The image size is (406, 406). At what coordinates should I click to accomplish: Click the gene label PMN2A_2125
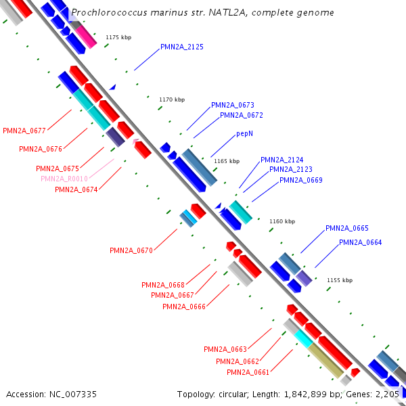(x=182, y=47)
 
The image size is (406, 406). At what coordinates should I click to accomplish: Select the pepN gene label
(x=245, y=134)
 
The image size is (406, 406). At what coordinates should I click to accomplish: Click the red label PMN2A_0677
(x=24, y=131)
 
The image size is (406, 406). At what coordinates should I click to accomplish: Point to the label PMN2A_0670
(x=131, y=250)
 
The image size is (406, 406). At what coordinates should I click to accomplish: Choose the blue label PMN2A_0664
(x=360, y=242)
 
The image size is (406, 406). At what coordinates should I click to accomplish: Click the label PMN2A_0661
(x=248, y=372)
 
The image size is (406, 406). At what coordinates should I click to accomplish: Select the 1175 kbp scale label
(x=118, y=37)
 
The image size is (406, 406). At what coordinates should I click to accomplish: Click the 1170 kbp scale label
(x=172, y=99)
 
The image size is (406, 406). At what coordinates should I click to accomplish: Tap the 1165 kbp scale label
(x=227, y=161)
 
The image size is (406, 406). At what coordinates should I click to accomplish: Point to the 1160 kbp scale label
(x=282, y=221)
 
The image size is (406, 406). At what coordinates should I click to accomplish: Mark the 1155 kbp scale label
(x=340, y=279)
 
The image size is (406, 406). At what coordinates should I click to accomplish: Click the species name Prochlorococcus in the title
(x=107, y=12)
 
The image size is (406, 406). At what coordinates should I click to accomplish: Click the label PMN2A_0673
(x=233, y=105)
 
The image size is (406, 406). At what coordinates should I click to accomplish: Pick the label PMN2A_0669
(x=301, y=180)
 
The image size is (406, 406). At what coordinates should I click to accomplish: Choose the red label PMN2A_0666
(x=184, y=307)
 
